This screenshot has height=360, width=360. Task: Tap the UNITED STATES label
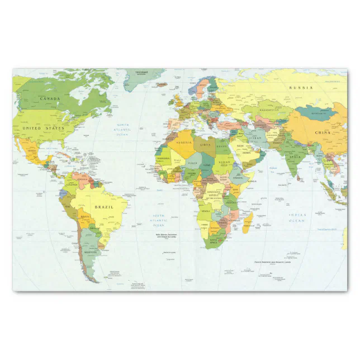click(43, 128)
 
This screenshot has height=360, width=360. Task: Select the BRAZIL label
click(103, 207)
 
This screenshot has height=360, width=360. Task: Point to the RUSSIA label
click(301, 88)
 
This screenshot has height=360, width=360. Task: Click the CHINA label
click(323, 132)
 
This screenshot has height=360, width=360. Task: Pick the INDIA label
click(295, 157)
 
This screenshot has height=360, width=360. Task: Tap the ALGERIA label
click(184, 143)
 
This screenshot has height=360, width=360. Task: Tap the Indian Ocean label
click(297, 217)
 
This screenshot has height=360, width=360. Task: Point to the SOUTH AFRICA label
click(213, 243)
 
